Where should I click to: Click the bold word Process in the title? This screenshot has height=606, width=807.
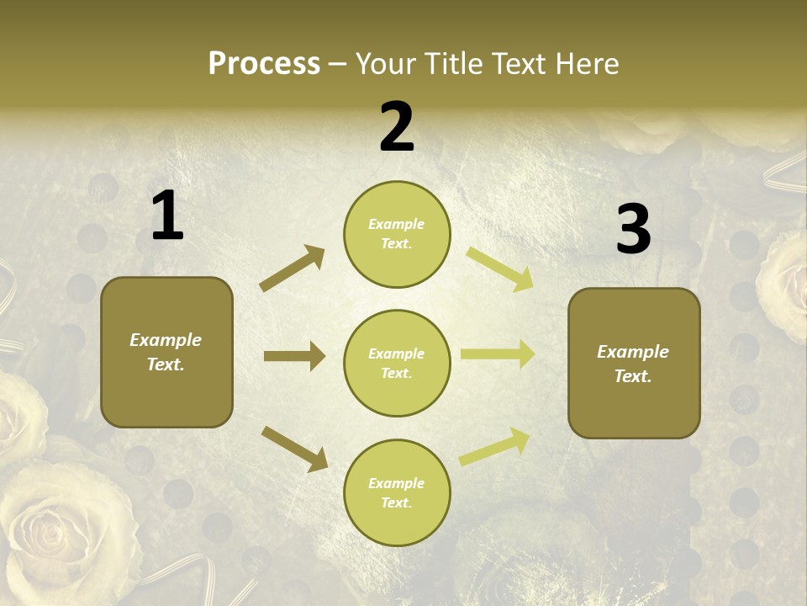(264, 64)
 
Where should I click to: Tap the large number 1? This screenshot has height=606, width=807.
(167, 216)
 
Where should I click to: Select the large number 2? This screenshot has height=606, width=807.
(397, 127)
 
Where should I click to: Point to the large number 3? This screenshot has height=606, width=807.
(633, 229)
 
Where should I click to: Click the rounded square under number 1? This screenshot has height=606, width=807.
(166, 352)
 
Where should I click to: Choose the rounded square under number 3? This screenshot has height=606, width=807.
(634, 363)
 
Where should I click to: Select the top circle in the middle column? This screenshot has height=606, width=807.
(397, 234)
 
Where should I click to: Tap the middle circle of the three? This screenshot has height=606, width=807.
(397, 363)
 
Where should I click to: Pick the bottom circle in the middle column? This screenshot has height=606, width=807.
(397, 492)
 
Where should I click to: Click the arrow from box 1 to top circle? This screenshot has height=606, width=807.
(292, 268)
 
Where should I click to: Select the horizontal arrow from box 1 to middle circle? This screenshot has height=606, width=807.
(294, 356)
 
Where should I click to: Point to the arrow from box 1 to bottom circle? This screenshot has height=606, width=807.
(294, 449)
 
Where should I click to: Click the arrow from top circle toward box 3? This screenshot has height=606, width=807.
(499, 269)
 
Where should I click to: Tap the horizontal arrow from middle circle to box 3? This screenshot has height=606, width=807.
(498, 354)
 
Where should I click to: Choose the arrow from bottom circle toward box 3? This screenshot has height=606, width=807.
(494, 447)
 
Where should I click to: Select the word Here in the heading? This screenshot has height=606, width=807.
(588, 64)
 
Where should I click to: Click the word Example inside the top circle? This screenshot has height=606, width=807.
(397, 224)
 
